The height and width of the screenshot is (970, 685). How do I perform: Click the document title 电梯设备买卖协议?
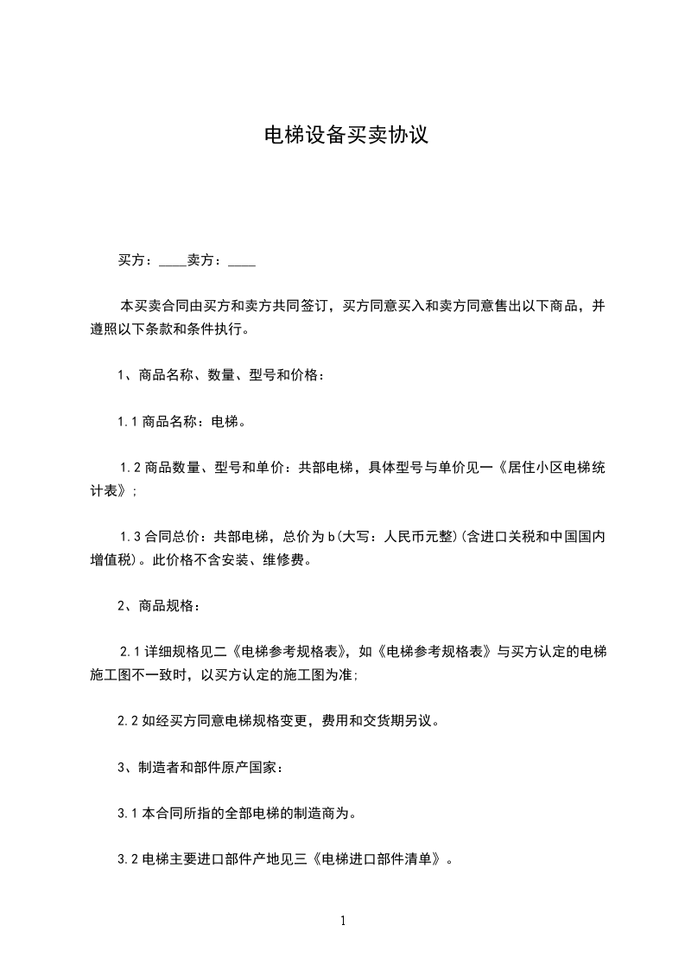click(x=346, y=136)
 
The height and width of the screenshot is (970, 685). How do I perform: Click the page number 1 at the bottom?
click(x=343, y=921)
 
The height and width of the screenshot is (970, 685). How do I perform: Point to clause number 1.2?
click(x=131, y=469)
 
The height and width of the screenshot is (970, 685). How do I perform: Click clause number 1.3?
click(x=131, y=536)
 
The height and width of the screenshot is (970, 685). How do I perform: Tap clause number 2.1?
click(x=131, y=650)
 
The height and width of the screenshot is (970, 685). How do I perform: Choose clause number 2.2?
click(x=128, y=719)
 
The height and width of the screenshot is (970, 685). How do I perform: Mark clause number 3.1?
click(x=128, y=814)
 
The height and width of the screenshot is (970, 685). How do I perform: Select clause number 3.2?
click(x=128, y=860)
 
